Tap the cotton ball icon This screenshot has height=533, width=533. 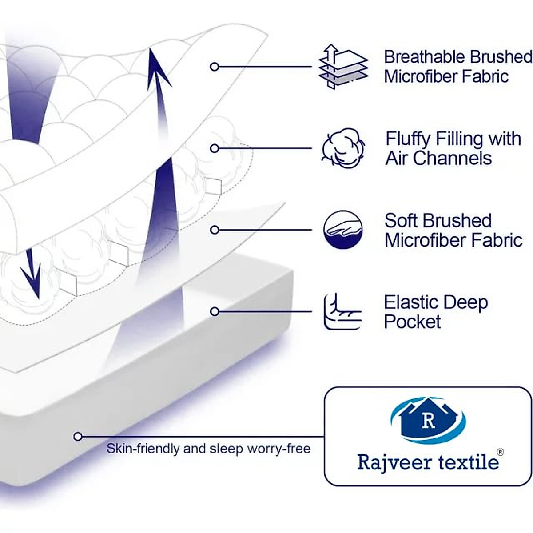point(343,148)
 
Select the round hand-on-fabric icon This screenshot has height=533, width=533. point(343,230)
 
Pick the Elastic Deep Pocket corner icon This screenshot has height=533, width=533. point(342,311)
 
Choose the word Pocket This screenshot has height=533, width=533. point(412,322)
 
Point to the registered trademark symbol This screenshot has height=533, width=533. point(500,452)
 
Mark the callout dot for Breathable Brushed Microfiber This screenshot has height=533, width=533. point(215,67)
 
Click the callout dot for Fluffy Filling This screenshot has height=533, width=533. point(215,148)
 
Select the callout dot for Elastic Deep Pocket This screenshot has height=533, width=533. point(215,311)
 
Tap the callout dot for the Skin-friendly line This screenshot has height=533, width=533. point(78,437)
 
